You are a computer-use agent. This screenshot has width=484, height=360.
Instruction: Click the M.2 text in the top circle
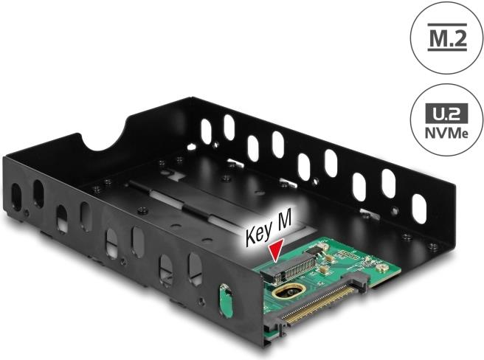coord(447,38)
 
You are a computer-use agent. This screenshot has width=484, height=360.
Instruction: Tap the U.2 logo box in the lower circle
coord(446,114)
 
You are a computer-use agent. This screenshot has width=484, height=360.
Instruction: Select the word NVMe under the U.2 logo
coord(446,133)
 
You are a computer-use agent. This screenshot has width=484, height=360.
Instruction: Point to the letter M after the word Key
coord(282,222)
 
